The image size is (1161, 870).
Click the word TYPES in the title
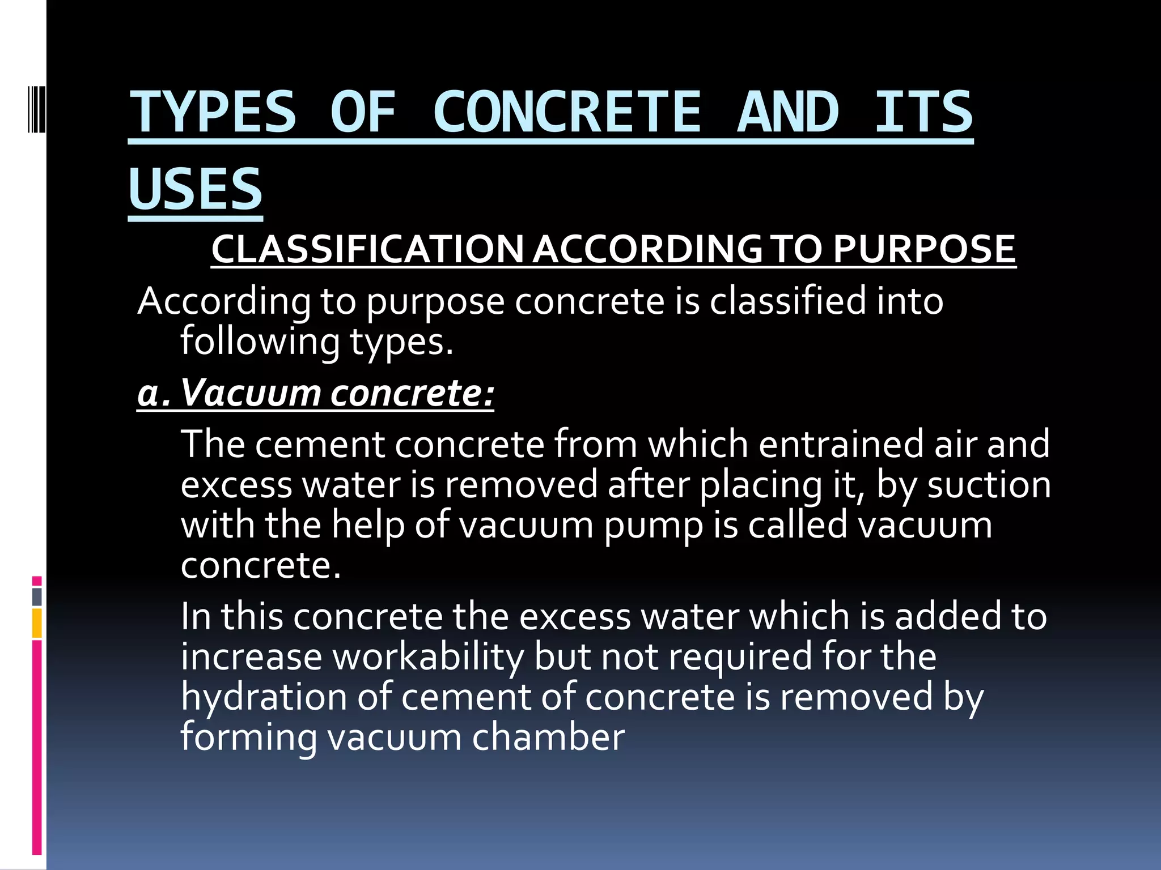[213, 112]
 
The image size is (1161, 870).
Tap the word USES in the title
[196, 189]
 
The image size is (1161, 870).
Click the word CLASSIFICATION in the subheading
[367, 249]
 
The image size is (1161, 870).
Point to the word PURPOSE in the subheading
[924, 249]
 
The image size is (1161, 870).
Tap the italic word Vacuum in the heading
[250, 393]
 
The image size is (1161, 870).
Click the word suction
[989, 485]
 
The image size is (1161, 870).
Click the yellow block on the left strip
[37, 623]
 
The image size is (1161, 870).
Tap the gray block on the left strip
[37, 597]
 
